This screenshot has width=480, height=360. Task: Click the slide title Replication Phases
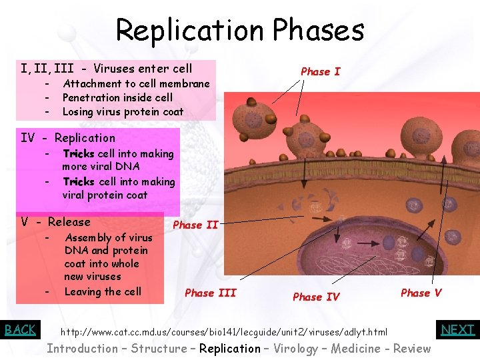click(240, 30)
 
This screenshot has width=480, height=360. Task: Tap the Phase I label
click(320, 71)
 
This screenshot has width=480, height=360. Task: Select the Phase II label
click(195, 225)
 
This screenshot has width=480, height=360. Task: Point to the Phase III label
click(210, 293)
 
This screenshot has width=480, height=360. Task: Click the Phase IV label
click(316, 297)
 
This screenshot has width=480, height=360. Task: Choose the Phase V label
click(421, 293)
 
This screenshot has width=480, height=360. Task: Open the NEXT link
click(458, 329)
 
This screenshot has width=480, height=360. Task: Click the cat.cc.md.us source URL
click(224, 331)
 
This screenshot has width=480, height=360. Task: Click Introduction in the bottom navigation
click(82, 348)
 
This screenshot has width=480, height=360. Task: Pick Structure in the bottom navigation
click(159, 348)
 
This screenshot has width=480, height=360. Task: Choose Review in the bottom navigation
click(411, 348)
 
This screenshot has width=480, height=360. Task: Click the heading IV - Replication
click(68, 138)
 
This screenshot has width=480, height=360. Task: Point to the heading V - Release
click(55, 222)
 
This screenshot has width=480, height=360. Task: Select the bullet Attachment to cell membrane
click(136, 83)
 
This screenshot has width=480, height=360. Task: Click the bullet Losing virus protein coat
click(123, 111)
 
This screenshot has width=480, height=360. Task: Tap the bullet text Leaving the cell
click(103, 291)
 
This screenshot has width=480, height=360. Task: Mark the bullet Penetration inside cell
click(117, 97)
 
